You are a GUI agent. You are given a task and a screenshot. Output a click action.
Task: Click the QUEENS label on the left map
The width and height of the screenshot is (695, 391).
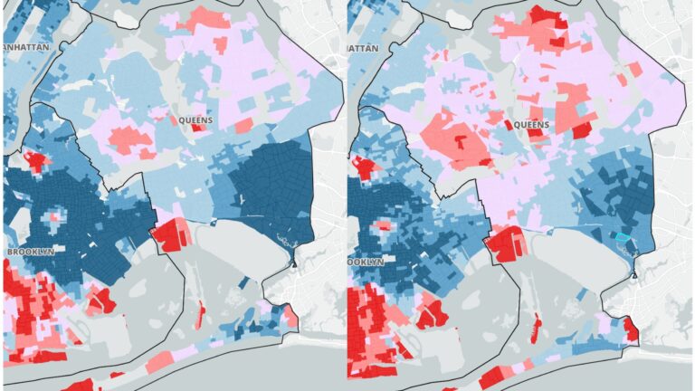tap(196, 119)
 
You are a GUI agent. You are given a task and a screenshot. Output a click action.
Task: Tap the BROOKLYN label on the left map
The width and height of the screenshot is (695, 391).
tap(31, 251)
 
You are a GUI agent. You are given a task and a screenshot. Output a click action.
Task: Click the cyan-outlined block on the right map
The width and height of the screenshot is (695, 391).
tap(622, 236)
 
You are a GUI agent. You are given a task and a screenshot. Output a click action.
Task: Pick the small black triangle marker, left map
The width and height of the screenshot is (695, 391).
tap(294, 262)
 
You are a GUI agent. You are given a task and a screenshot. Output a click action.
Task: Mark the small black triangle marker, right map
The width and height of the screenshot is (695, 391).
tap(635, 271)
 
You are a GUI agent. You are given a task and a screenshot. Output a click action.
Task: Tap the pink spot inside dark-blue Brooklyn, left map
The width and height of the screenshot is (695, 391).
tap(55, 217)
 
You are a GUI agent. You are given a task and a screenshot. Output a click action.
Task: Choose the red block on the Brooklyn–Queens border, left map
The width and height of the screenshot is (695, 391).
tap(169, 234)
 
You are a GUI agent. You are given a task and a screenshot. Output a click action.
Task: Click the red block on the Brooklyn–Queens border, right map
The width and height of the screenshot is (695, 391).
tap(506, 243)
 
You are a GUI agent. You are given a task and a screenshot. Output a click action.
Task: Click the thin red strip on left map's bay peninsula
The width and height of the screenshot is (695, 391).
tap(200, 316)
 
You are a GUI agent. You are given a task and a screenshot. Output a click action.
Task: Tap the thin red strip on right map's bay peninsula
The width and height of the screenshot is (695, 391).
tap(537, 325)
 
